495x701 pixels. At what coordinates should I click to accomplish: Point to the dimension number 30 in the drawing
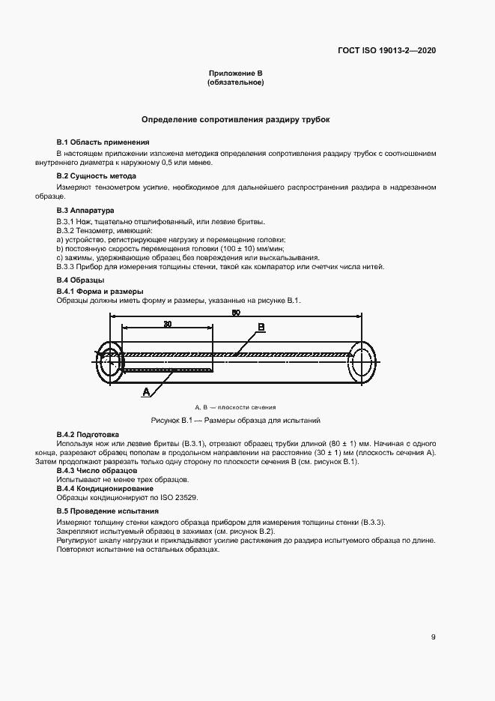point(166,325)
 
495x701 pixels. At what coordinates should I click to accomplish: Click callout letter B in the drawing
point(261,327)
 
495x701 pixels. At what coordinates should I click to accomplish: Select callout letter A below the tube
point(147,391)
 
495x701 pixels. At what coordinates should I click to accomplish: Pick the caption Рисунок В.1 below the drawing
point(235,421)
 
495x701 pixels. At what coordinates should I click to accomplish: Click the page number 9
point(434,638)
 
